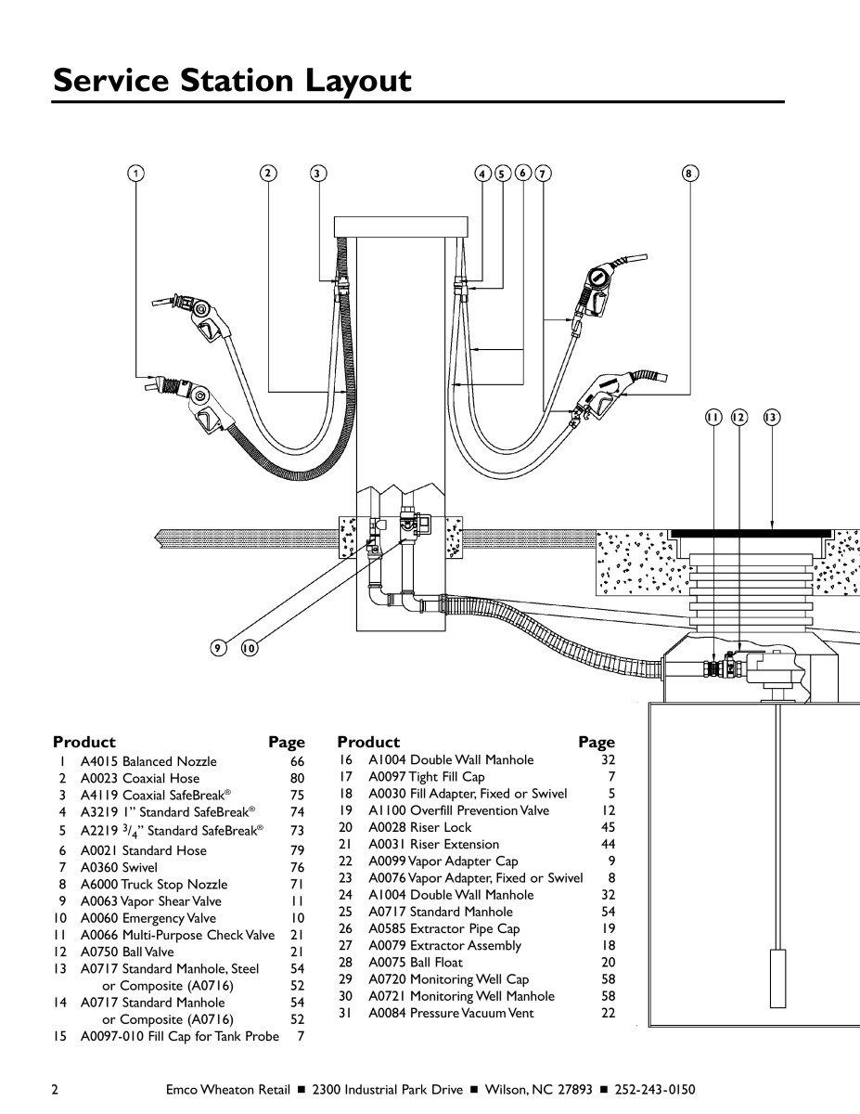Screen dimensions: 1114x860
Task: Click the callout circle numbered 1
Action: coord(136,173)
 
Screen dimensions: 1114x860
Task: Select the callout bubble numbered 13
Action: coord(771,418)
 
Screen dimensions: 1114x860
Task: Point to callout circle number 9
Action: coord(218,649)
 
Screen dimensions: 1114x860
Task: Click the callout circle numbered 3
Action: coord(318,173)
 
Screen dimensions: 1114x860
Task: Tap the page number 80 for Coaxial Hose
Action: coord(297,778)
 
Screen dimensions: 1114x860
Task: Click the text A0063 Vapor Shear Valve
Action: coord(150,901)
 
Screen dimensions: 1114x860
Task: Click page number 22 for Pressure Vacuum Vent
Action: coord(608,1013)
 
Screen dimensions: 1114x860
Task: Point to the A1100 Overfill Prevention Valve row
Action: coord(458,810)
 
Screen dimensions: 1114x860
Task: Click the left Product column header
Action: coord(84,743)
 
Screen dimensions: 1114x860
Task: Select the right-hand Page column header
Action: coord(596,743)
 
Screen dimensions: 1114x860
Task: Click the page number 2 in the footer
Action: coord(57,1089)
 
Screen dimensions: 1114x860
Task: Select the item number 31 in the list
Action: coord(344,1013)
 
